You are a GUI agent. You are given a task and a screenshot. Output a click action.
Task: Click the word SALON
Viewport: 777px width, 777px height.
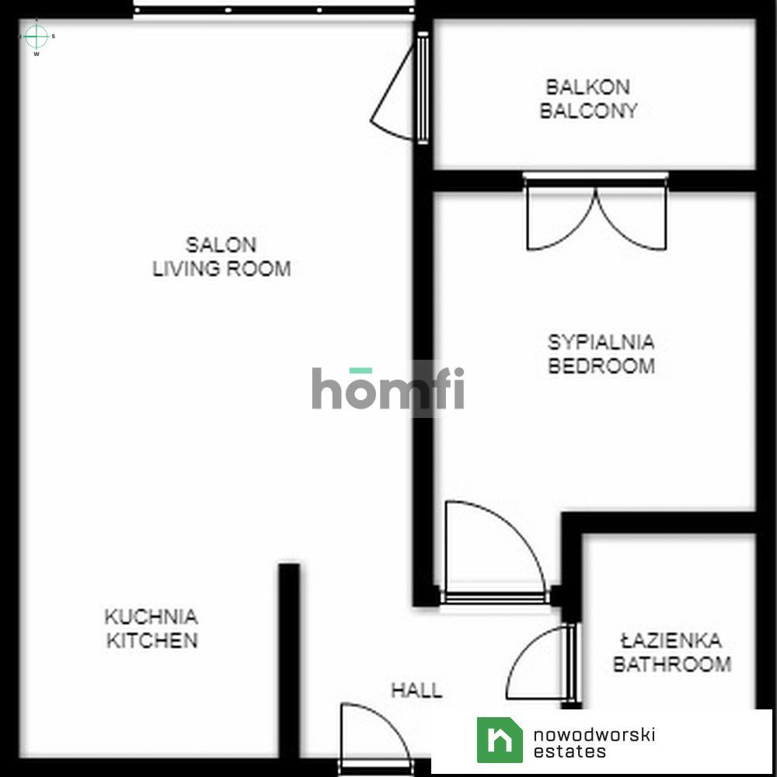(221, 245)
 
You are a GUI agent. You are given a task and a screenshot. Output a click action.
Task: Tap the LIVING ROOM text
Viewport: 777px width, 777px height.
(221, 269)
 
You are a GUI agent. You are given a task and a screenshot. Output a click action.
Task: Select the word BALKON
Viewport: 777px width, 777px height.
(587, 87)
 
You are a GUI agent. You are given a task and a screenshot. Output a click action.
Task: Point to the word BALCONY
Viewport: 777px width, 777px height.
(588, 110)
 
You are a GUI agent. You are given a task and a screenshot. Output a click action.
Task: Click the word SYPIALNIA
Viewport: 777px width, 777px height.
(601, 342)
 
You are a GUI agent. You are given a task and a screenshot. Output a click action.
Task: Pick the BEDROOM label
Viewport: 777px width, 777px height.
(601, 366)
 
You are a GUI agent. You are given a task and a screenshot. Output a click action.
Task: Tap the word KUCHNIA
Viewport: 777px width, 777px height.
(152, 617)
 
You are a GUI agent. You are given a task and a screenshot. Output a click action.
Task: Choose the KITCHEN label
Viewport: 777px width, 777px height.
(152, 641)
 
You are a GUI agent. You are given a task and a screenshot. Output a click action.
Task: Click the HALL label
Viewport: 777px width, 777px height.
(416, 690)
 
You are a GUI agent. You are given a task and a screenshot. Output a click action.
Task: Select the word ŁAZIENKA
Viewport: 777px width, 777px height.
(671, 640)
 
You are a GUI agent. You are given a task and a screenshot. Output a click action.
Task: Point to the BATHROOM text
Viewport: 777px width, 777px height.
(672, 664)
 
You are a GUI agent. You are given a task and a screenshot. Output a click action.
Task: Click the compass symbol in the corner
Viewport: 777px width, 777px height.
(37, 37)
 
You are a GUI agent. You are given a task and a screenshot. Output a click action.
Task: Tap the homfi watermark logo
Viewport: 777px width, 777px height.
(388, 388)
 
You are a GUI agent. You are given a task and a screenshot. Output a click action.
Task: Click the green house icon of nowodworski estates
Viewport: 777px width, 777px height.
(500, 740)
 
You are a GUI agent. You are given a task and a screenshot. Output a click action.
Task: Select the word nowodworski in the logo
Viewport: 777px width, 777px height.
(594, 734)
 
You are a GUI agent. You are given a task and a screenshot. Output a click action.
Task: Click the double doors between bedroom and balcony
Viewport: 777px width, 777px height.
(596, 212)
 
